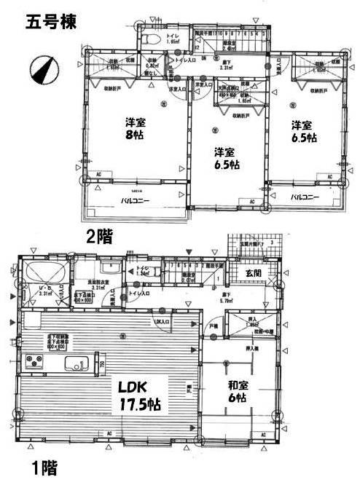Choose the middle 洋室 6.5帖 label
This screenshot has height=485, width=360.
click(x=224, y=157)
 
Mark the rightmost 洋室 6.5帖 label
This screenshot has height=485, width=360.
click(x=301, y=130)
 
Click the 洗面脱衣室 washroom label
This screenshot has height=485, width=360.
click(x=98, y=283)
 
